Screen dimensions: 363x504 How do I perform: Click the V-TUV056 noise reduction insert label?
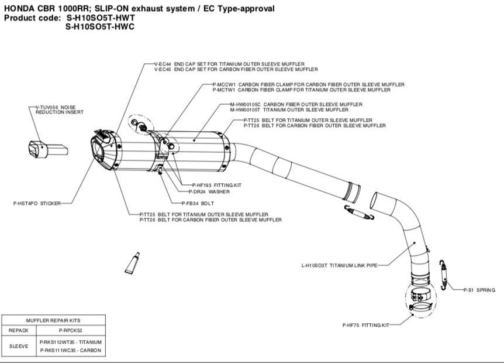pos(56,109)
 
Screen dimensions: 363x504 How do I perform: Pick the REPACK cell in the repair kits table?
pos(19,330)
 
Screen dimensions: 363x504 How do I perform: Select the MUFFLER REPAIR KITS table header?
pos(53,320)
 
